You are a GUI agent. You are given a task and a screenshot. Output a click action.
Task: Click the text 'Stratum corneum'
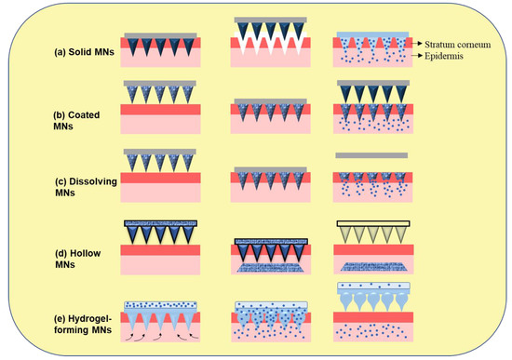[460, 43]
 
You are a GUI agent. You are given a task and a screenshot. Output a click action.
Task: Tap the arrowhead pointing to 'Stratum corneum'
[421, 43]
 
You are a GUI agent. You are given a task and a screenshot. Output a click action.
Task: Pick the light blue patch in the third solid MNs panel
[370, 34]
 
